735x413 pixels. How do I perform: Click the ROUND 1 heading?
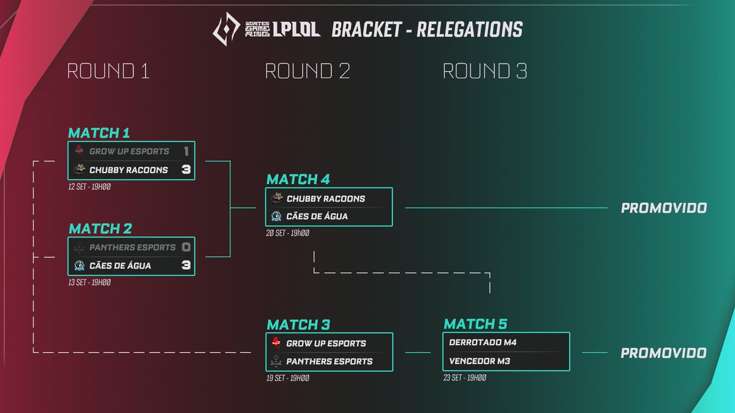click(108, 72)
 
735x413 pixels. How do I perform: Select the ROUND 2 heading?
click(307, 72)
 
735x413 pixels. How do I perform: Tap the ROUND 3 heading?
click(485, 72)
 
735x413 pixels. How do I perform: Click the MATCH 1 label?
click(99, 133)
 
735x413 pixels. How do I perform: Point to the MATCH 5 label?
click(475, 324)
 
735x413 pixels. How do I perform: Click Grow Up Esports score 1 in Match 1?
click(186, 151)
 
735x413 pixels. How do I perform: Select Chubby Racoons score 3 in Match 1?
click(186, 169)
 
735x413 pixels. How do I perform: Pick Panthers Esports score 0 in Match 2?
click(186, 247)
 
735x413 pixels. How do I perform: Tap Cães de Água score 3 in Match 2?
click(186, 266)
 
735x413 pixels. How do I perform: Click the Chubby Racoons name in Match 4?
click(326, 199)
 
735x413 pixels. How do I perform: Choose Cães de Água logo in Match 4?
click(276, 217)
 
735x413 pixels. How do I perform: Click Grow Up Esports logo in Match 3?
click(276, 343)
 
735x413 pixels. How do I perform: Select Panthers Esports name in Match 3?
click(330, 362)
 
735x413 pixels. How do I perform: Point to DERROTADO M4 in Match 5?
click(483, 343)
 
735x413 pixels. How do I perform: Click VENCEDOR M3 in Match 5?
click(480, 361)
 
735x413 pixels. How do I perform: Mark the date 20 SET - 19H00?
click(288, 233)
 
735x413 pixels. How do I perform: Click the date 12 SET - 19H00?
click(90, 186)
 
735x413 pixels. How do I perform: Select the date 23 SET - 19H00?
click(465, 378)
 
